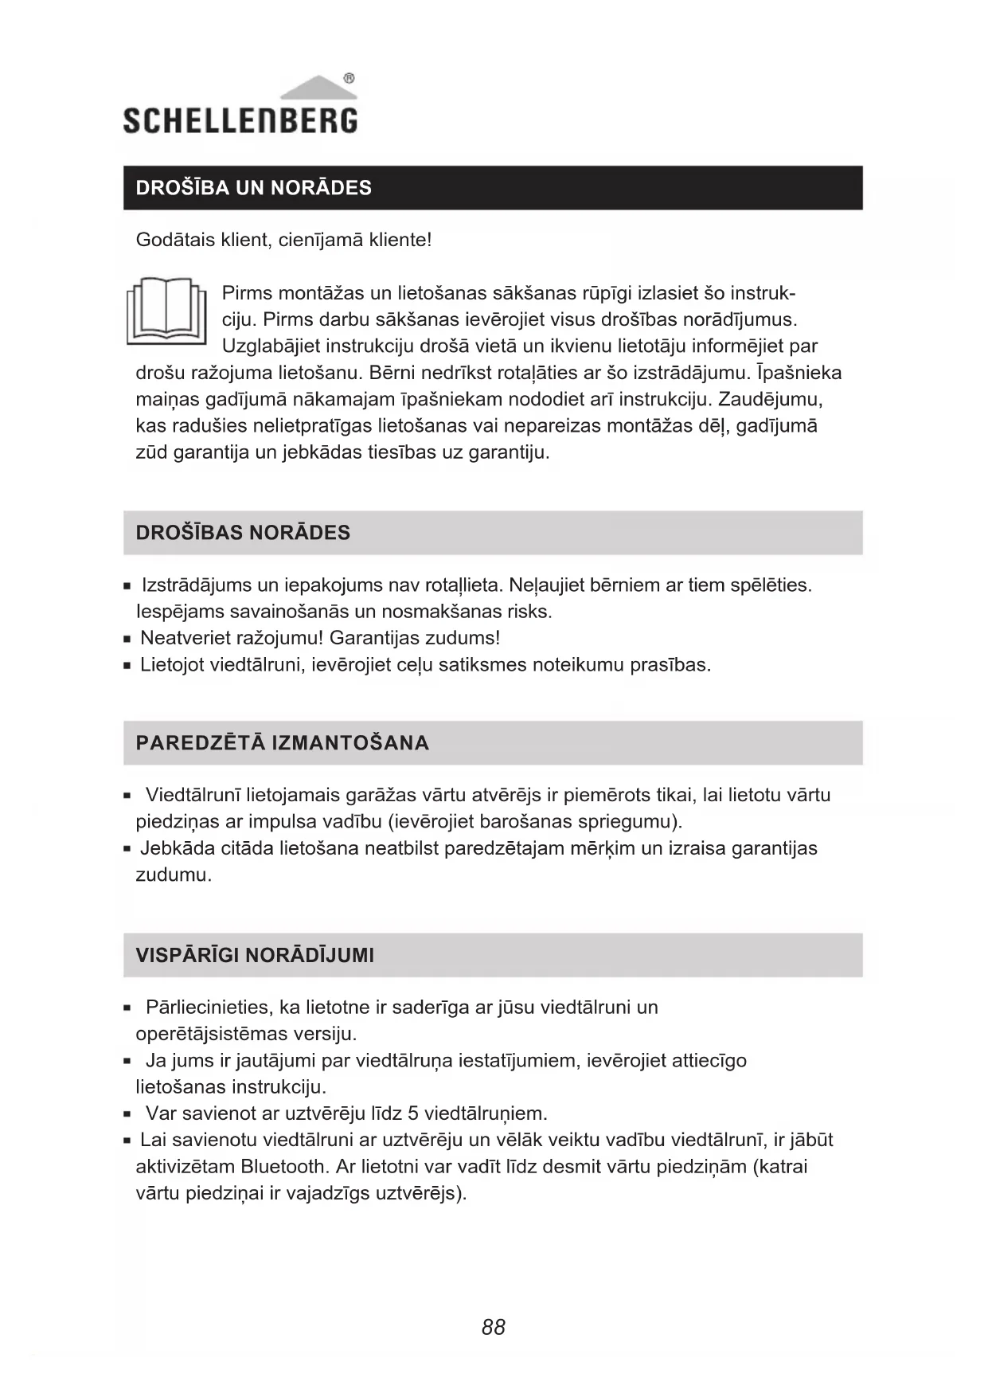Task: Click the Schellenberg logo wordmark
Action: click(240, 120)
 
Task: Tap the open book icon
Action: click(165, 311)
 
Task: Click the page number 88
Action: click(494, 1327)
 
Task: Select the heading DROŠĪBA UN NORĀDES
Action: click(253, 188)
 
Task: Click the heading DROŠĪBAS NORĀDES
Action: click(243, 533)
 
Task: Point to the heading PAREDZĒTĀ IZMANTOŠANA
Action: click(283, 743)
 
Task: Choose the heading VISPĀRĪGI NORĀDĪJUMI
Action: click(255, 955)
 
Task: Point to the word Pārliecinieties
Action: click(209, 1008)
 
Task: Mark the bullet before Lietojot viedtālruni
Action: click(127, 666)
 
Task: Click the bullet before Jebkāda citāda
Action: click(127, 850)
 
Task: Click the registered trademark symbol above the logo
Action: click(349, 79)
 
